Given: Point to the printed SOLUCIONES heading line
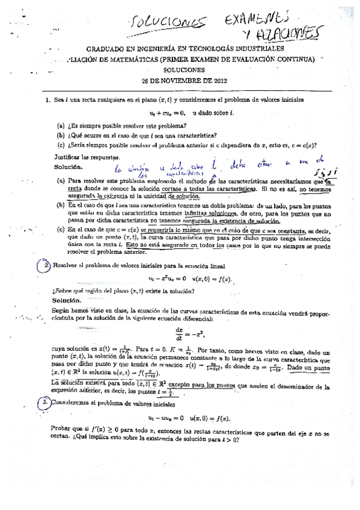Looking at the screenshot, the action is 178,69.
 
